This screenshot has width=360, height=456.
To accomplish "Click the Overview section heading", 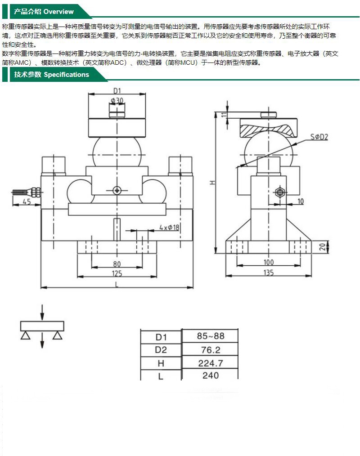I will tap(44, 12).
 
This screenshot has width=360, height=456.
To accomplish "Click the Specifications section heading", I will tap(51, 75).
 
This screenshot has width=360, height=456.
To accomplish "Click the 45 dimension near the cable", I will tap(27, 201).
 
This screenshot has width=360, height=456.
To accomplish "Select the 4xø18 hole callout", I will tap(169, 228).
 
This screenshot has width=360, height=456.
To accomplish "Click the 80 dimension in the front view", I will tap(117, 264).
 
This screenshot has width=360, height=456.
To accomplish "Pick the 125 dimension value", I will tap(117, 273).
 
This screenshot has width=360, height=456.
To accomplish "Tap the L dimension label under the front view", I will tap(117, 284).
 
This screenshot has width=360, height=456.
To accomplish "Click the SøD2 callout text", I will tap(319, 136).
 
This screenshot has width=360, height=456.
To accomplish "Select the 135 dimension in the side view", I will tap(268, 272).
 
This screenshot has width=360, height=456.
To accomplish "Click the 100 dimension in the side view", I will tap(268, 262).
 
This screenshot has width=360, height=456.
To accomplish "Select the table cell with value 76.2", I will tap(210, 349).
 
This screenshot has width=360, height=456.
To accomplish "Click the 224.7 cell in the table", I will tap(210, 363).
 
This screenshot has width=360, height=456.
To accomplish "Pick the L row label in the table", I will tap(161, 376).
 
